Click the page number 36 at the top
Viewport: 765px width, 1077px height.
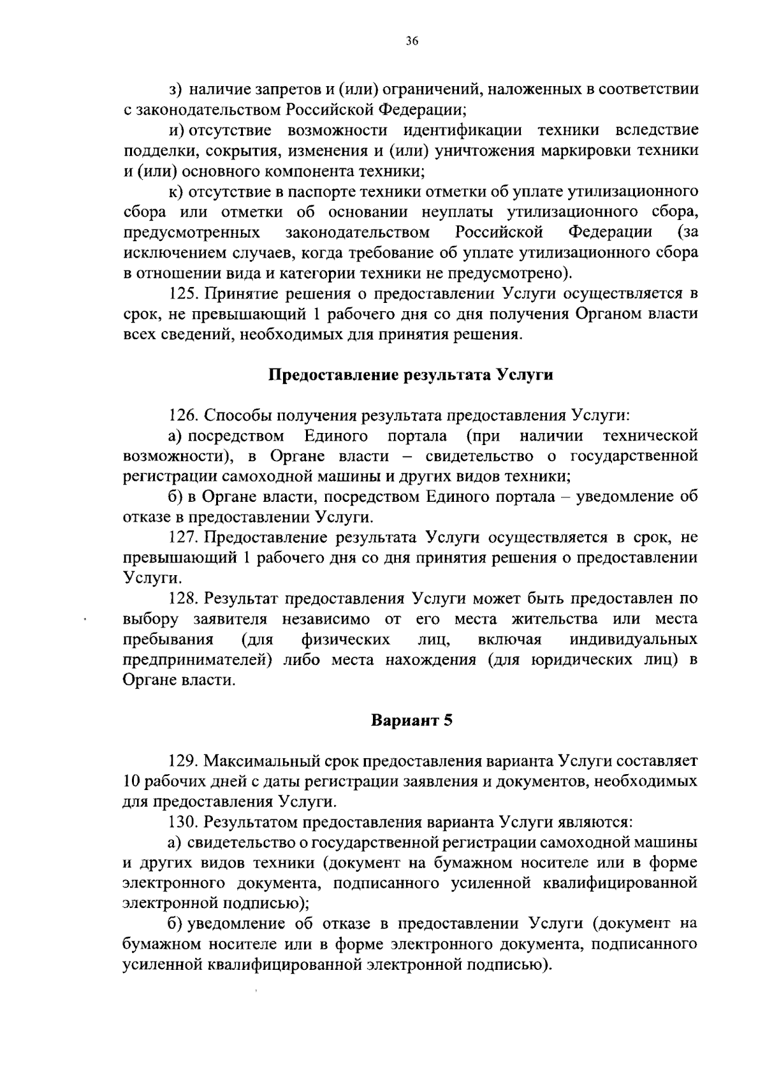411,41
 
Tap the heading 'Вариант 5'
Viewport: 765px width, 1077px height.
411,721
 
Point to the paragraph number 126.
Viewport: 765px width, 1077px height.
184,416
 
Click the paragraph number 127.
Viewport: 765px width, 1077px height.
184,538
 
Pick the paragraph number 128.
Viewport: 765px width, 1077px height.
184,599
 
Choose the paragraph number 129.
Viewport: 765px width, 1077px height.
184,761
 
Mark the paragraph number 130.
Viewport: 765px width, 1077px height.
184,822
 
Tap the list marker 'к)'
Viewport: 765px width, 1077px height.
175,191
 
